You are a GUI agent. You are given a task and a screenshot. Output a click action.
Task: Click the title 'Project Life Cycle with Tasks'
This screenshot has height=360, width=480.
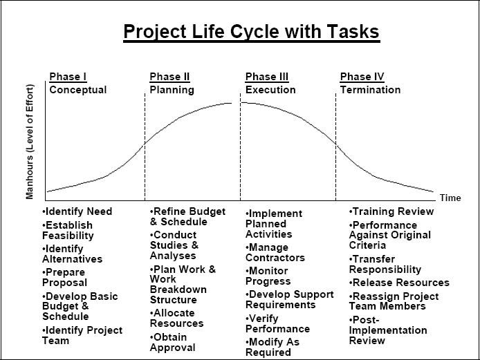[x=251, y=32]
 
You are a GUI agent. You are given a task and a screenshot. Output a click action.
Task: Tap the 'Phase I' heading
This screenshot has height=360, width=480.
[x=68, y=77]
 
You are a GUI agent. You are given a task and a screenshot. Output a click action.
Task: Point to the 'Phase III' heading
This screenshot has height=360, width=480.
[x=267, y=77]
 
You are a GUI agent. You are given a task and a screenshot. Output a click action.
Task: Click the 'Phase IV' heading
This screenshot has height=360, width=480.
[x=362, y=77]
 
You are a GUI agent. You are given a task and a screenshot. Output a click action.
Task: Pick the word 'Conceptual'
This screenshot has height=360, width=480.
[x=78, y=90]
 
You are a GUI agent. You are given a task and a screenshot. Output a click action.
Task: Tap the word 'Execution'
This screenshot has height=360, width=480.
[x=270, y=90]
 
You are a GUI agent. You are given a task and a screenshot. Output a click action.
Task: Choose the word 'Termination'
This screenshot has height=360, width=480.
[x=370, y=90]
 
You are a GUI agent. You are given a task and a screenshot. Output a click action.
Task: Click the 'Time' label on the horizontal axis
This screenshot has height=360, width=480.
[x=450, y=198]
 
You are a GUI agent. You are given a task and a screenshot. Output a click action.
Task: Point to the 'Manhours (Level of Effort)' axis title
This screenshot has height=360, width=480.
[x=30, y=142]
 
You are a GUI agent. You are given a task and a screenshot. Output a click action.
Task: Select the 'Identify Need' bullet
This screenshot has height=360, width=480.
[x=77, y=211]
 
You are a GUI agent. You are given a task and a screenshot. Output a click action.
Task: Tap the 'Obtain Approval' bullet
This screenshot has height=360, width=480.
[x=174, y=343]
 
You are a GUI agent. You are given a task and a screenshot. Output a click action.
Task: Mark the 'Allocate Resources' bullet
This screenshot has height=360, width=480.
[x=178, y=318]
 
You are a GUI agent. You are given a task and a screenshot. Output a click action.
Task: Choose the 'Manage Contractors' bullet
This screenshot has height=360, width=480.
[x=275, y=252]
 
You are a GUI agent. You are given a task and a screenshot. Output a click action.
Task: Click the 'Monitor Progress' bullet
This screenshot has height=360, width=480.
[x=269, y=276]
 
